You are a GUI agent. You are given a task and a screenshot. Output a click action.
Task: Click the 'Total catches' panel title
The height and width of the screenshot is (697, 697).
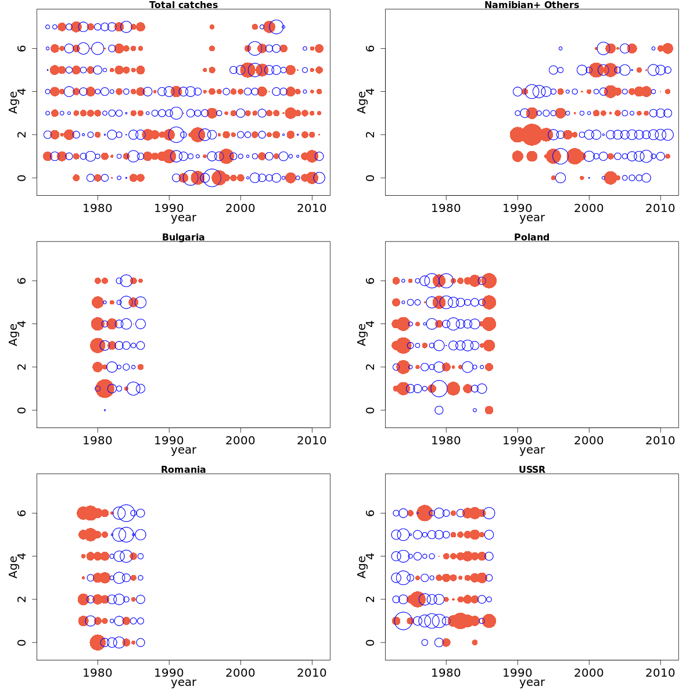coord(184,5)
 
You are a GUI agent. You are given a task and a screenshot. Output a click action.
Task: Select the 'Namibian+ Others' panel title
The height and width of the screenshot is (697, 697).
coord(531,5)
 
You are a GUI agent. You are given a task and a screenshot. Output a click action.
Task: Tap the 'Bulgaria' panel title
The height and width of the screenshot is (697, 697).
coord(184,238)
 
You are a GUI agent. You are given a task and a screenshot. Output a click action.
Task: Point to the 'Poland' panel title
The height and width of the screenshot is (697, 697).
coord(531,238)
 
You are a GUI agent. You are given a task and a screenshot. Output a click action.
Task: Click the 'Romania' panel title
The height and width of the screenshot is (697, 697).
coord(184,470)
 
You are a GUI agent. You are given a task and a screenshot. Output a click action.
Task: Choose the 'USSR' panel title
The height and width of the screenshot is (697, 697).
coord(531,470)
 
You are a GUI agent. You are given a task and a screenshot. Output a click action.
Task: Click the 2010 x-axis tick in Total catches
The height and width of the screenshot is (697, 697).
coord(312,208)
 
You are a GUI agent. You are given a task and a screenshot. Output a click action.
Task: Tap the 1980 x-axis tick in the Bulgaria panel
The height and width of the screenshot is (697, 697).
coord(98,440)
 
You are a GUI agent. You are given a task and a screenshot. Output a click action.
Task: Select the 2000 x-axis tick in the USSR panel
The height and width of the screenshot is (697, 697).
coord(589,673)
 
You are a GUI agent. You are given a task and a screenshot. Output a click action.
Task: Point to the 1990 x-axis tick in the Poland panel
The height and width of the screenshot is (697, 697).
coord(518,440)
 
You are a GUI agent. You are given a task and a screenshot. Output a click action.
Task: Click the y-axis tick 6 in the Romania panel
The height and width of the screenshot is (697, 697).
coord(21,513)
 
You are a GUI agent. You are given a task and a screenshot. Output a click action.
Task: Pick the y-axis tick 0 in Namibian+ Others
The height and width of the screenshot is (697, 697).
coord(370,178)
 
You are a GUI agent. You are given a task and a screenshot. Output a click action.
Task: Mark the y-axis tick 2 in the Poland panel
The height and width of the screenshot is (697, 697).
coord(370,367)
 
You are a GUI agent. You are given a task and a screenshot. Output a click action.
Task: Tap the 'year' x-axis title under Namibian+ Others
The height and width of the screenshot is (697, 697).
coord(531,218)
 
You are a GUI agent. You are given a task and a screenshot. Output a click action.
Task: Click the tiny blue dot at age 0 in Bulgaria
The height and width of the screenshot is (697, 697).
coord(105,410)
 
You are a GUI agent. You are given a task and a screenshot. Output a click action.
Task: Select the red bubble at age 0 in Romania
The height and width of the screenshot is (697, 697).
coord(98,642)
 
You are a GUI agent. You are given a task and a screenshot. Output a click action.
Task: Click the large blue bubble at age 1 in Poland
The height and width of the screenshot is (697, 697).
coord(439,389)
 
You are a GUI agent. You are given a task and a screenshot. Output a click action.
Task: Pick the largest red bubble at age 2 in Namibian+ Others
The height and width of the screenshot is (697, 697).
coord(531,135)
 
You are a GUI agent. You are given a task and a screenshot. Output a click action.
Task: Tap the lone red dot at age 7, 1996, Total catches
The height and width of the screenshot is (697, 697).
coord(212,27)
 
